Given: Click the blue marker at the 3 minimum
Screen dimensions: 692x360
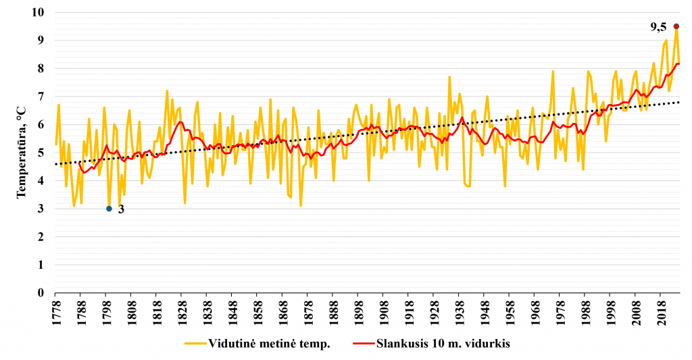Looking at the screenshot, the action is click(109, 209).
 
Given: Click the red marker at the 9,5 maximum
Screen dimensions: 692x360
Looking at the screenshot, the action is click(676, 26).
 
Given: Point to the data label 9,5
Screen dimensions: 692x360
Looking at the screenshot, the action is click(658, 27).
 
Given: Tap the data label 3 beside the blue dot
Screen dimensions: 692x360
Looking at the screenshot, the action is click(121, 209).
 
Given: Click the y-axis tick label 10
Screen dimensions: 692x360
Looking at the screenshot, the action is click(38, 12).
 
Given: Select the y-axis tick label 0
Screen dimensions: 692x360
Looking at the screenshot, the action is click(41, 292).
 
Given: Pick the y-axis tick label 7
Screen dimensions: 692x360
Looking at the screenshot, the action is click(41, 96).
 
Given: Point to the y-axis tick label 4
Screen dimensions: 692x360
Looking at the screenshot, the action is click(41, 180).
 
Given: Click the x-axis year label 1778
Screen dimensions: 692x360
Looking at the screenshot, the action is click(55, 313).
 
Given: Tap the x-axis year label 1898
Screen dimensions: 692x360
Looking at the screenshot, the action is click(358, 313).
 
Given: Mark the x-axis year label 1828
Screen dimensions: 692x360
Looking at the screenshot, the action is click(181, 313).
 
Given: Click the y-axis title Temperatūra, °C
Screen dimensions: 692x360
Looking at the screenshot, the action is click(21, 152).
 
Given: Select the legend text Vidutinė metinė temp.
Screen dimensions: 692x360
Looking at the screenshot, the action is click(269, 344).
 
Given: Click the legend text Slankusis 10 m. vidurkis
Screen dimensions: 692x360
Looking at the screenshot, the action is click(443, 344).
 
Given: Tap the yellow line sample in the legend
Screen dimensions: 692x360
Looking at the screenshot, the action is click(195, 343).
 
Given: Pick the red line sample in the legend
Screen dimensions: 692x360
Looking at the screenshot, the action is click(364, 343).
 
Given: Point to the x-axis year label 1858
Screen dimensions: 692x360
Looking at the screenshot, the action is click(257, 313).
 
